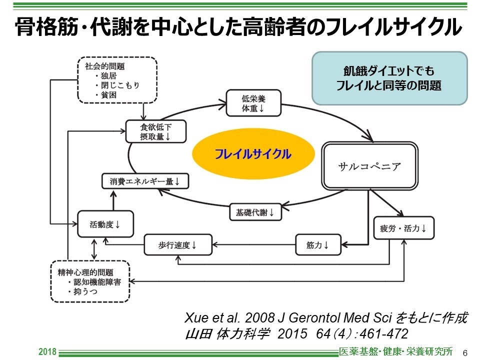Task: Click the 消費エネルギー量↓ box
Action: point(145,181)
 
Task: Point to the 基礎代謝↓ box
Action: point(255,212)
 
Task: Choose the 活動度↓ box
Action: point(105,224)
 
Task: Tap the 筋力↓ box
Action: point(317,245)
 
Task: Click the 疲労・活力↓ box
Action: point(404,228)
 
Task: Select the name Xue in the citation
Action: point(195,318)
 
